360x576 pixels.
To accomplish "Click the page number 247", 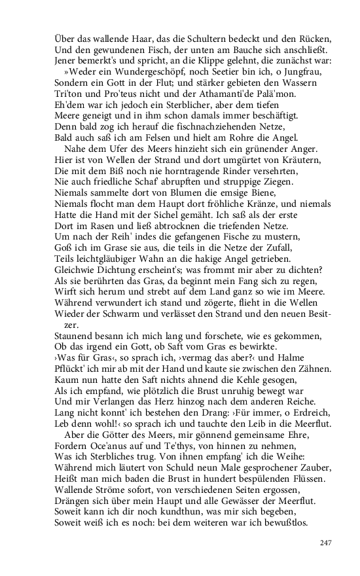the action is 326,543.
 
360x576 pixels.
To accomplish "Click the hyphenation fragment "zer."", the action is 71,325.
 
